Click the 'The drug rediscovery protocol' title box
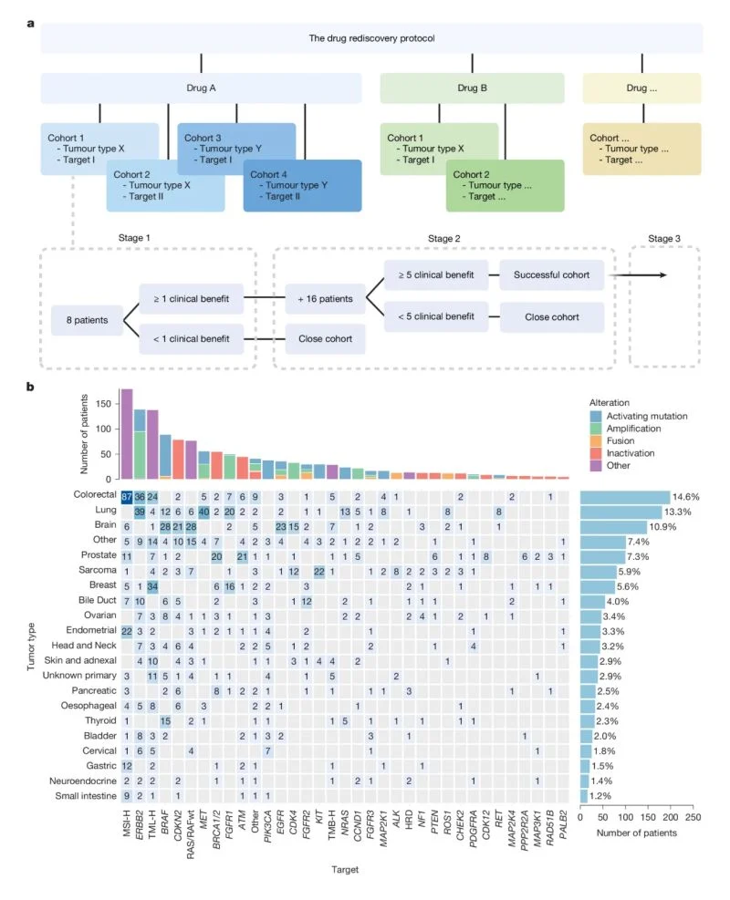370,38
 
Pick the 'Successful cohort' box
552,274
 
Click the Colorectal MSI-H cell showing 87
126,496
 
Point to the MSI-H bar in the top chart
127,434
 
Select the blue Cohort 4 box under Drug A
302,185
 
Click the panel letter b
30,388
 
